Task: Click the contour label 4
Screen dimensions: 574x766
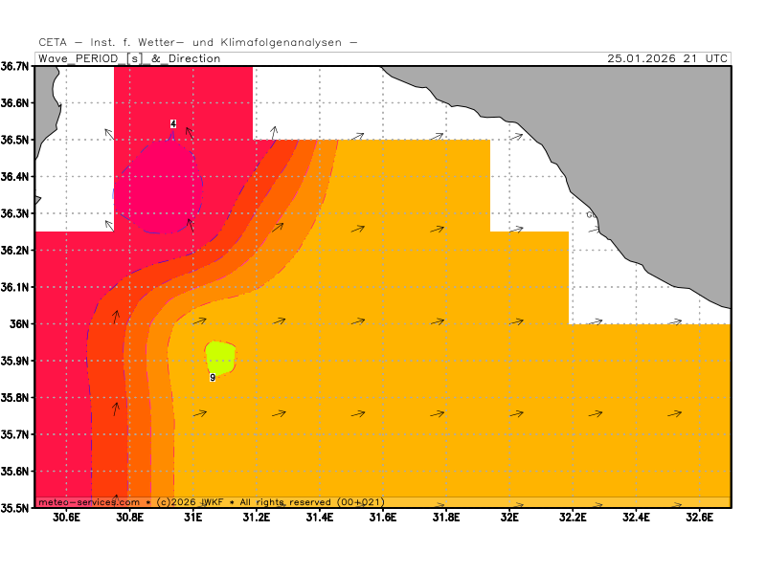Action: point(173,124)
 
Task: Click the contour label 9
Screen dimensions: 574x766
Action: point(213,378)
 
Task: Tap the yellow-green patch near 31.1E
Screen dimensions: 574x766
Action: point(220,358)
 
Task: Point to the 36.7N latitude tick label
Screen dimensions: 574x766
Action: point(17,66)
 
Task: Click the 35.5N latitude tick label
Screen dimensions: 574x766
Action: point(17,508)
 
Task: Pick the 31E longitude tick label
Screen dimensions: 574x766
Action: point(193,519)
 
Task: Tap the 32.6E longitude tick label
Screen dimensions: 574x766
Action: point(699,519)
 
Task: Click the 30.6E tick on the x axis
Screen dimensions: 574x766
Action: point(66,519)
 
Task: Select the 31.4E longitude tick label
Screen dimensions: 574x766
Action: point(320,519)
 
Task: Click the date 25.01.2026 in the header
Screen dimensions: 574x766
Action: point(642,58)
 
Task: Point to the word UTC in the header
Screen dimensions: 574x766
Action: point(715,58)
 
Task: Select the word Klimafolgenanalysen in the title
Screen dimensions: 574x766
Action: point(280,42)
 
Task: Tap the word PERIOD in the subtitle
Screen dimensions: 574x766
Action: point(99,58)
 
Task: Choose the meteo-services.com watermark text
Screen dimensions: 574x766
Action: point(89,502)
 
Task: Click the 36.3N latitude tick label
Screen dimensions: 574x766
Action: point(17,213)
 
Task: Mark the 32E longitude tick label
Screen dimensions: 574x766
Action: point(509,519)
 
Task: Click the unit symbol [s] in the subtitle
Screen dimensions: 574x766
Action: point(135,58)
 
